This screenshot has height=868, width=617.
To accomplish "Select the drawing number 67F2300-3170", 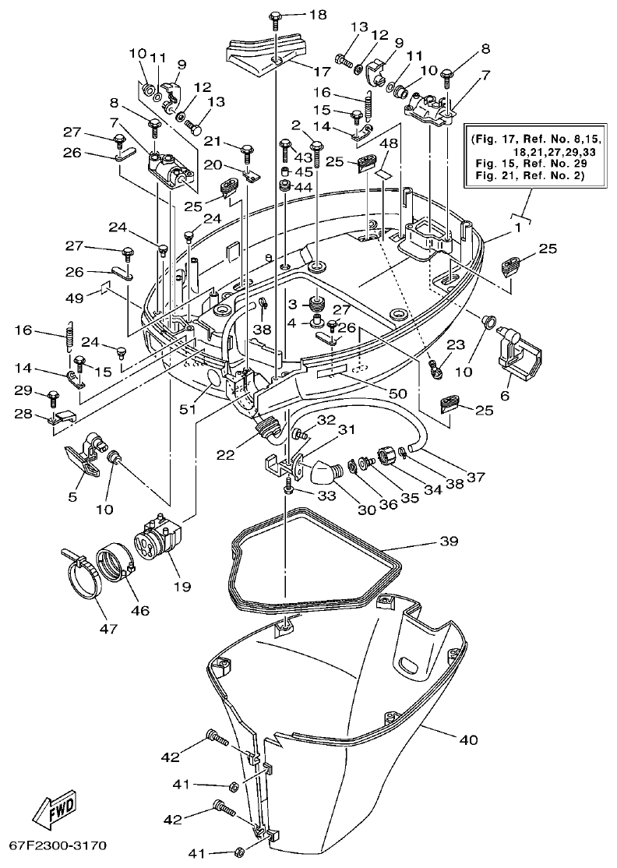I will point(58,845).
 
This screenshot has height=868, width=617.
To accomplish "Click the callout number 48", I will point(390,143).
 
